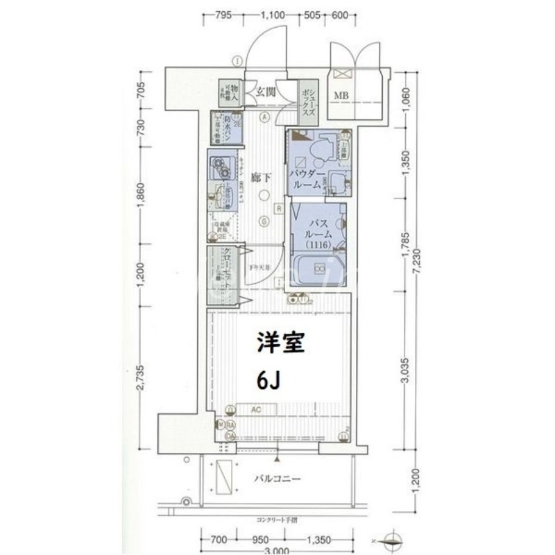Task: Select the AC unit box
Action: [x=255, y=410]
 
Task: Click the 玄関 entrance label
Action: [x=264, y=91]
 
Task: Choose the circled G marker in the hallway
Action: [x=264, y=222]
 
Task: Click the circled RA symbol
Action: [x=230, y=425]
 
